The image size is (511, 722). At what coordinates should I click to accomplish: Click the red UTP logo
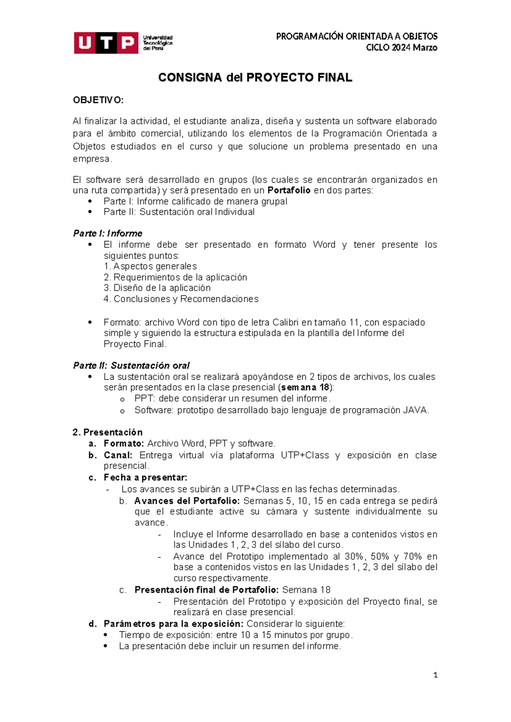pyautogui.click(x=106, y=43)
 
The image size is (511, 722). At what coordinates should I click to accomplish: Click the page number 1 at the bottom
pyautogui.click(x=435, y=675)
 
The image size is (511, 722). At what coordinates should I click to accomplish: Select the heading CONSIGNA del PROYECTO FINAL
pyautogui.click(x=255, y=77)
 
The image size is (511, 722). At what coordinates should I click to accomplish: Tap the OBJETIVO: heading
pyautogui.click(x=98, y=100)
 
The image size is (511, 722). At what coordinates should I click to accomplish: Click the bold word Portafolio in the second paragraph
pyautogui.click(x=289, y=190)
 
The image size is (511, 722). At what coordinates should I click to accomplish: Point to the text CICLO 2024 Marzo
pyautogui.click(x=402, y=48)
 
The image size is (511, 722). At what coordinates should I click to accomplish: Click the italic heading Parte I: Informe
pyautogui.click(x=108, y=233)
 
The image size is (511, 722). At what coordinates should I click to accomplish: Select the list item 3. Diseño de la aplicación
pyautogui.click(x=157, y=288)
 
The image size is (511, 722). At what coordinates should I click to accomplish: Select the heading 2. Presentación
pyautogui.click(x=108, y=432)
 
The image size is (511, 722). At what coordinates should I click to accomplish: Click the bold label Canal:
pyautogui.click(x=118, y=455)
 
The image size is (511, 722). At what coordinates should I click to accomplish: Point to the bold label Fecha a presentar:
pyautogui.click(x=145, y=477)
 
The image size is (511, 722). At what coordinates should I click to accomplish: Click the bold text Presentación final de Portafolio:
pyautogui.click(x=207, y=590)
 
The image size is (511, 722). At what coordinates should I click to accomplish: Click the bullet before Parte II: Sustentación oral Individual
pyautogui.click(x=90, y=212)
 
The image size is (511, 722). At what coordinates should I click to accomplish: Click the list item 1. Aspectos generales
pyautogui.click(x=150, y=266)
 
